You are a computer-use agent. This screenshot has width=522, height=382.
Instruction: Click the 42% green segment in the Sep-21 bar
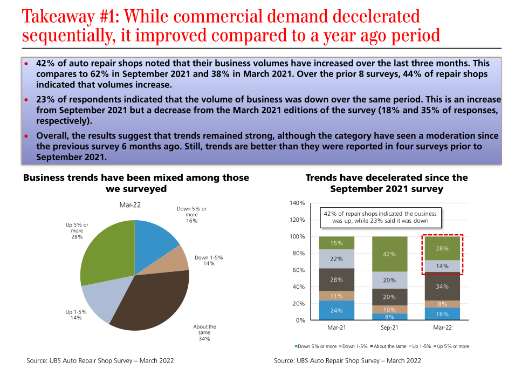(x=390, y=254)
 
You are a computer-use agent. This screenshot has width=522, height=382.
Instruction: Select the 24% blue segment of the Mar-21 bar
(x=336, y=310)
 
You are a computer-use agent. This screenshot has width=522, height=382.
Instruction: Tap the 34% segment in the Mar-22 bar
(x=442, y=286)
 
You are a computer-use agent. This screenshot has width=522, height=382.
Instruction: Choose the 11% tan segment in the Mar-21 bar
(x=336, y=296)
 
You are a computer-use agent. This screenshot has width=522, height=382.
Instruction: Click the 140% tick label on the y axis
(x=298, y=203)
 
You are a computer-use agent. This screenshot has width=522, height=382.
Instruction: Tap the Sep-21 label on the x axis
(x=390, y=328)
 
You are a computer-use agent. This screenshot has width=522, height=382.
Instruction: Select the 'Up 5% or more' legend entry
(x=453, y=346)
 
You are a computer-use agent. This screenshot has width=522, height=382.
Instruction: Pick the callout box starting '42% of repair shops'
(x=379, y=217)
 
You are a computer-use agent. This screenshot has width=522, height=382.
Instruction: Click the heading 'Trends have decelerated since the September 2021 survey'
(x=387, y=183)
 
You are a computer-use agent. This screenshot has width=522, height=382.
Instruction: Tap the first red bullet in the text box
(x=25, y=64)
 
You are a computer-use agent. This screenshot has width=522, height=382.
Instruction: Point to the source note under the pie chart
(x=100, y=360)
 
